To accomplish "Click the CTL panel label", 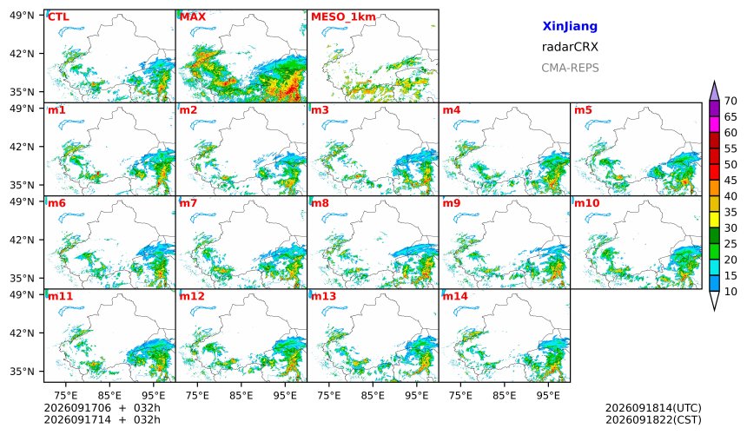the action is click(x=58, y=17).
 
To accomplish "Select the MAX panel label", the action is click(x=193, y=17).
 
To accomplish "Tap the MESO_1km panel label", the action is click(x=343, y=17).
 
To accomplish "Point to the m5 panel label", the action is click(x=583, y=110).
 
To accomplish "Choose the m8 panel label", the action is click(x=320, y=203).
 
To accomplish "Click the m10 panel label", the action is click(x=586, y=203).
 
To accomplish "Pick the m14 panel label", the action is click(x=455, y=296).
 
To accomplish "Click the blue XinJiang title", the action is click(x=570, y=26).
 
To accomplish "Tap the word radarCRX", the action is click(x=570, y=47).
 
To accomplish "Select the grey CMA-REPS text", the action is click(x=570, y=68).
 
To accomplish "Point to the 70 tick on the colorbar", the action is click(x=730, y=101).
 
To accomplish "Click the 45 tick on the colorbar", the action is click(x=730, y=181).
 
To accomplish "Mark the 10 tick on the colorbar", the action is click(x=730, y=292).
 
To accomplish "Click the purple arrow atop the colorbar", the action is click(x=714, y=91).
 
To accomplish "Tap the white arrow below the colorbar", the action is click(x=714, y=300).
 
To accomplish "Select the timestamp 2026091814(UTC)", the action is click(x=653, y=408).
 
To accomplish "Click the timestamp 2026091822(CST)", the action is click(x=653, y=419).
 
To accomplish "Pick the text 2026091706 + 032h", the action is click(x=102, y=408).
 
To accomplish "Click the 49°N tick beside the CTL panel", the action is click(x=22, y=16).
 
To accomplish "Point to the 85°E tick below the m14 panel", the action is click(x=504, y=395).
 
